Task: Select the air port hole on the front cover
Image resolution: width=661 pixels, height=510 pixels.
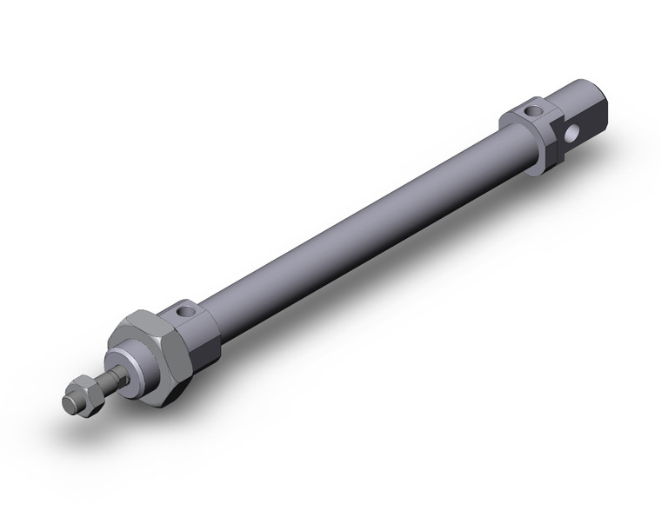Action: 184,308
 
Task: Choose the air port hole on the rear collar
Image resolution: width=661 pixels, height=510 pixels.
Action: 531,110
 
